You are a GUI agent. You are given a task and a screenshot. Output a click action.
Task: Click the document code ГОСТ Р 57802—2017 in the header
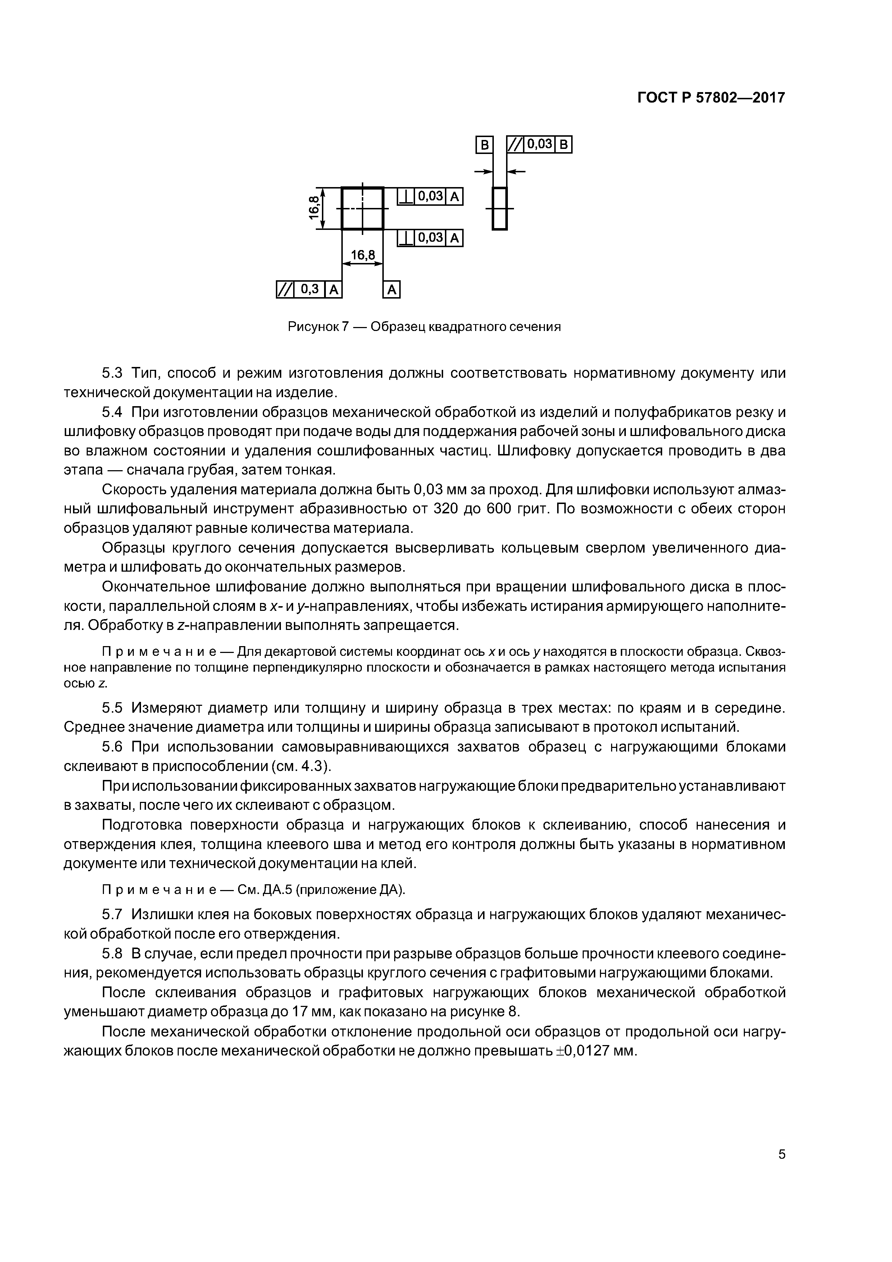711,98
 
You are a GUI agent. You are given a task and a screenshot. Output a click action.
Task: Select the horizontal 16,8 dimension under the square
362,255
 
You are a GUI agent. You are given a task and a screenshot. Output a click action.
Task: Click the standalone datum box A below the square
391,290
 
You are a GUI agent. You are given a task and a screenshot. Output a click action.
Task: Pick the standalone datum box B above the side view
484,145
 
